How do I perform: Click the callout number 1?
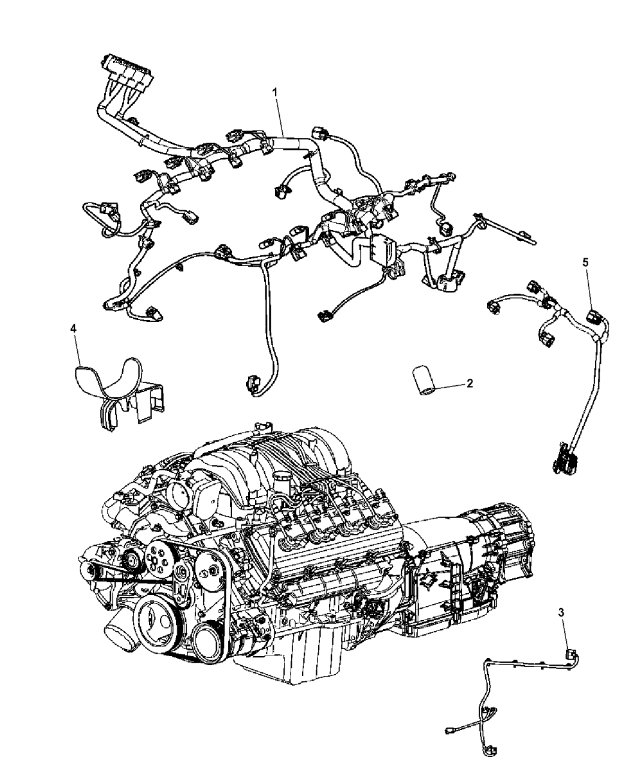pos(275,92)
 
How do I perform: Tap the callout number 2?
pos(470,383)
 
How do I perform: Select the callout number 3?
pos(561,612)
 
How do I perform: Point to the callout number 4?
pos(74,328)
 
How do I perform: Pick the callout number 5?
pos(586,262)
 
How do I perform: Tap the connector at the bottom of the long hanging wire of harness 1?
pos(251,382)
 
